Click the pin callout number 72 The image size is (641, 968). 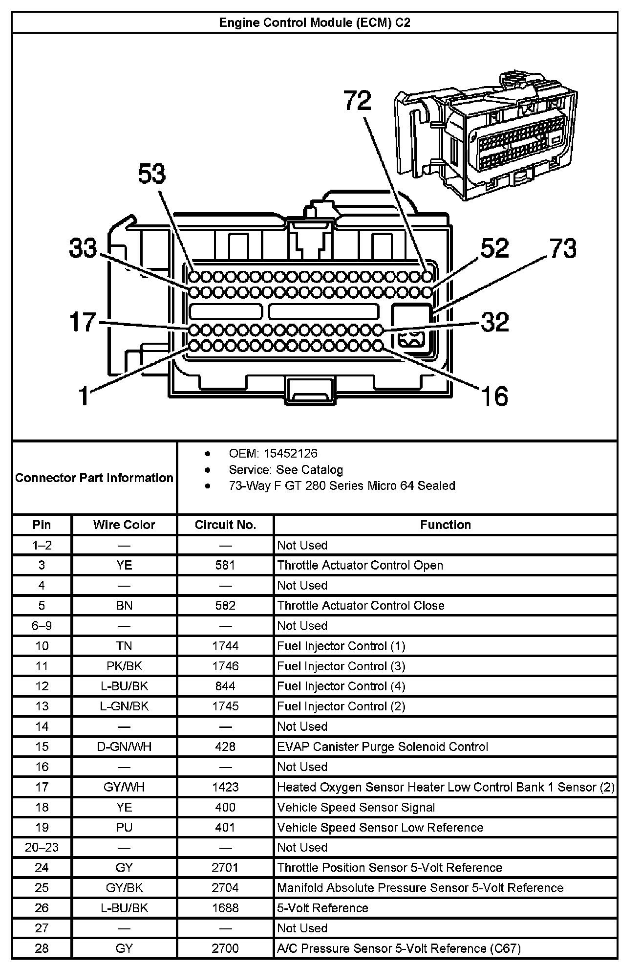[358, 101]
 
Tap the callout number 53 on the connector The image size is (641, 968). [151, 174]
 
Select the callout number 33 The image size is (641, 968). [83, 248]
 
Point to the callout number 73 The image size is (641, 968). [563, 248]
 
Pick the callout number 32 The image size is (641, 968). [495, 322]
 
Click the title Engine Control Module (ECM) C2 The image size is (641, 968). [315, 23]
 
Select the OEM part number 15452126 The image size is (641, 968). [290, 454]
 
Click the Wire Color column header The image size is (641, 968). [124, 525]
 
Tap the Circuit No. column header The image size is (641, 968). [225, 525]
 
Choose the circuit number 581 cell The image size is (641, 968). [225, 565]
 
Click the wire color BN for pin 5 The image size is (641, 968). [124, 605]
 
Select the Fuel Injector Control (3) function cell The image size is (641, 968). [341, 666]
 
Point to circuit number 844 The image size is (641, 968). [225, 686]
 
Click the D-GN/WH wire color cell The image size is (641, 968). [124, 747]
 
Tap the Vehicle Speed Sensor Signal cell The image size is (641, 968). [356, 807]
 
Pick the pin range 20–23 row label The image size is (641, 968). [42, 847]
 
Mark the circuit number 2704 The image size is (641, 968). [225, 887]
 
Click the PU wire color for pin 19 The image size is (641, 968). [124, 827]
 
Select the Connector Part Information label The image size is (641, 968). [94, 478]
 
